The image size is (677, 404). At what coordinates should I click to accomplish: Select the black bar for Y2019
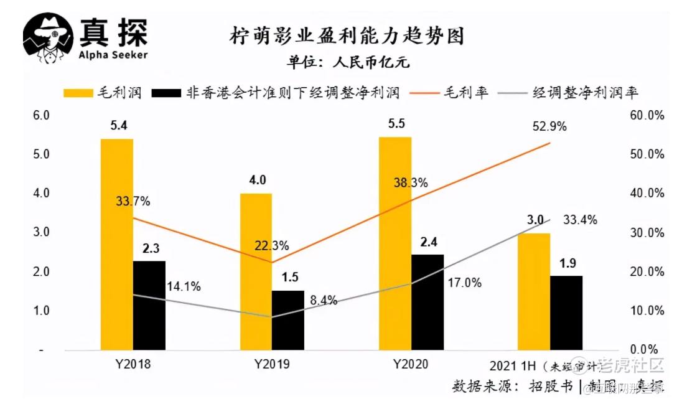coord(288,320)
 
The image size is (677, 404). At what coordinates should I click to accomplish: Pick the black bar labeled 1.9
coord(566,312)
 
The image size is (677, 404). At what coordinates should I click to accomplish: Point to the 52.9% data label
coord(549,126)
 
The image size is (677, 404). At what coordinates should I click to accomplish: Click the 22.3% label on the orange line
coord(271,245)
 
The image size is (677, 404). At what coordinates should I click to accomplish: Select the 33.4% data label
coord(580,220)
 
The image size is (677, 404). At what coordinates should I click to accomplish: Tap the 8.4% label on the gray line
coord(324,300)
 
